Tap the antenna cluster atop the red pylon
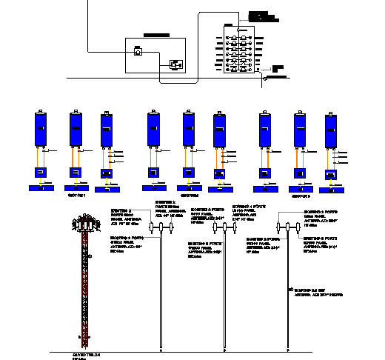pos(85,223)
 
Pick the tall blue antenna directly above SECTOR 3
pos(300,130)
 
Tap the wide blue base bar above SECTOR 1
pos(77,188)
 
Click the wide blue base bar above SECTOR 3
pos(301,188)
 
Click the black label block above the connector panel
pos(261,16)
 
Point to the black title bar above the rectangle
pos(157,34)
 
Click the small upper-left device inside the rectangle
pos(138,52)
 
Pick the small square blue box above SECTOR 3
pos(300,173)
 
